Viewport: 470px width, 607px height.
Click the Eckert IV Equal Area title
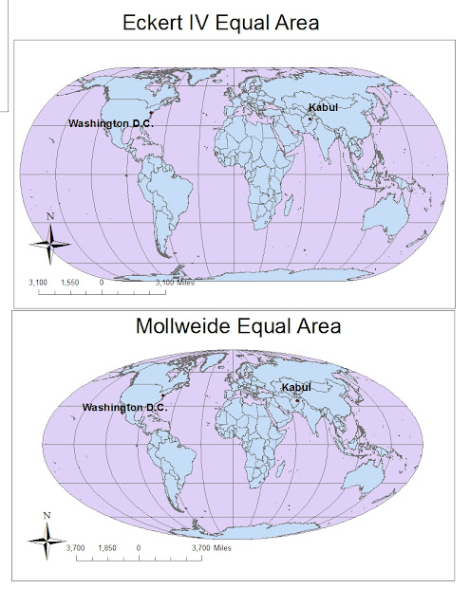(234, 20)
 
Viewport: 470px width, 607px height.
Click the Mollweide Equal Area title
(234, 328)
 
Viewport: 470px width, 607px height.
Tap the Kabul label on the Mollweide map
(296, 387)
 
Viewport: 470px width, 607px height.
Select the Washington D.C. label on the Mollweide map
(124, 407)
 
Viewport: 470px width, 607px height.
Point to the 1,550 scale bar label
(69, 283)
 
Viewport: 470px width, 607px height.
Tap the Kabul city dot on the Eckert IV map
(310, 119)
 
